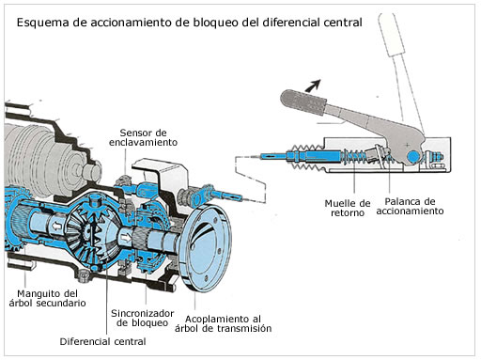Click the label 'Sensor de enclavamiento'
click(x=143, y=137)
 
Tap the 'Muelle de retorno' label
click(x=348, y=208)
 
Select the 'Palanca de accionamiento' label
click(x=410, y=206)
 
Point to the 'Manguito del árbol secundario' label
click(x=47, y=298)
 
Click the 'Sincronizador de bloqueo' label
click(x=142, y=318)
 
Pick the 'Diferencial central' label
click(x=102, y=341)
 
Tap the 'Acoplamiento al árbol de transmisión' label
click(x=223, y=323)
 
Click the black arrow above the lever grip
click(x=313, y=85)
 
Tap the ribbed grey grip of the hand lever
click(x=303, y=102)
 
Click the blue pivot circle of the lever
click(x=413, y=156)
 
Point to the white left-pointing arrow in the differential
click(x=57, y=226)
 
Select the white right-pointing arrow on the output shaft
click(x=126, y=238)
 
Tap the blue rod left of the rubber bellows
click(x=276, y=155)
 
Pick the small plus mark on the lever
click(x=407, y=145)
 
